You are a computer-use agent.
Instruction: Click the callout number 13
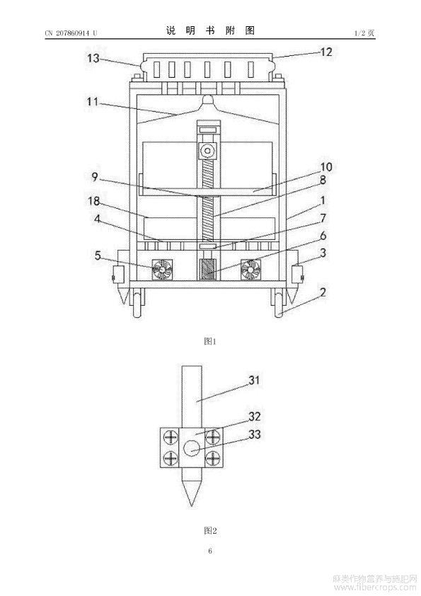[x=93, y=58]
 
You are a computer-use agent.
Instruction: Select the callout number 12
[x=326, y=52]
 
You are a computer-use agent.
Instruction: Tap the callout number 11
[x=93, y=102]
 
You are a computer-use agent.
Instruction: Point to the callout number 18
[x=94, y=200]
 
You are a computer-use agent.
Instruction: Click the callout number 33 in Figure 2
[x=255, y=434]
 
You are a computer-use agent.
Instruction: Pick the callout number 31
[x=254, y=379]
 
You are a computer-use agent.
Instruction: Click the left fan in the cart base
[x=162, y=270]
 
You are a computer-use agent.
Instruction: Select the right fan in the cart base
[x=250, y=270]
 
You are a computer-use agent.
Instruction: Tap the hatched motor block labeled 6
[x=207, y=270]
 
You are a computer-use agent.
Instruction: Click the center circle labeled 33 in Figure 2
[x=192, y=448]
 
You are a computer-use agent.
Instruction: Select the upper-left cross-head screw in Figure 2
[x=171, y=437]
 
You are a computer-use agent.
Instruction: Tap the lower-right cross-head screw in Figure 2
[x=213, y=459]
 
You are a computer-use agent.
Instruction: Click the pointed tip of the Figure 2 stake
[x=192, y=506]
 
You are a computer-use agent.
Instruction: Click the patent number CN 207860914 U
[x=71, y=33]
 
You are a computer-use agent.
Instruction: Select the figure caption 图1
[x=210, y=341]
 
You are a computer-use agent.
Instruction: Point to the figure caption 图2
[x=210, y=530]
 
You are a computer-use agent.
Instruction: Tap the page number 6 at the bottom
[x=210, y=551]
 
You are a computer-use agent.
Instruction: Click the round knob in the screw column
[x=207, y=151]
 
